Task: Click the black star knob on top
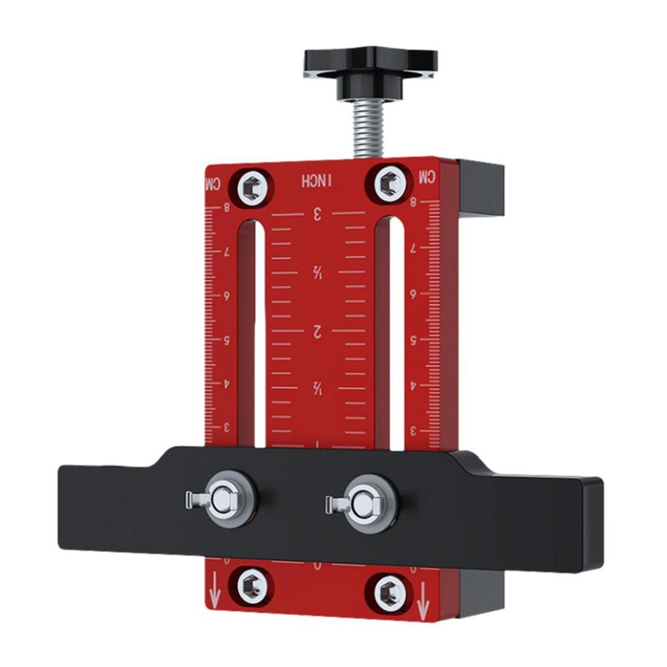[x=370, y=65]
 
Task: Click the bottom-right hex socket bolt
[x=390, y=591]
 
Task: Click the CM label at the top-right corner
[x=427, y=176]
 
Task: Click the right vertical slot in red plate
[x=395, y=332]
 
